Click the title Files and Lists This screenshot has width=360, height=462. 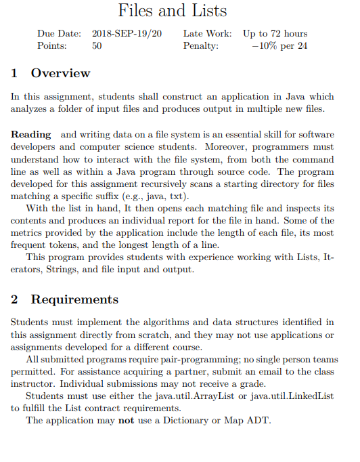pos(173,11)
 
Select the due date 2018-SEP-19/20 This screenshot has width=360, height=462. pos(127,33)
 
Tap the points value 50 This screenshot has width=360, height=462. pos(97,46)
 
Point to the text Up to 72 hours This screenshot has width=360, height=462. pos(275,33)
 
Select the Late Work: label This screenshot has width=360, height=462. pos(207,33)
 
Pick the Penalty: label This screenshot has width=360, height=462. pos(201,46)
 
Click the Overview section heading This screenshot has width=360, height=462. pos(60,73)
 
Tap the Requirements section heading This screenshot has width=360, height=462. pos(74,299)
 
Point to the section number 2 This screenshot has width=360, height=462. pos(15,299)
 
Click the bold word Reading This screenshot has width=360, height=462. pos(31,134)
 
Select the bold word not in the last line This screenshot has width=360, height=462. pos(125,421)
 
